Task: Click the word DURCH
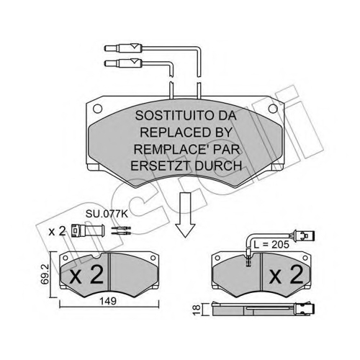pos(218,166)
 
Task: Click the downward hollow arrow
pos(185,215)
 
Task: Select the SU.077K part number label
pos(107,214)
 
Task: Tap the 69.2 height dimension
pos(45,274)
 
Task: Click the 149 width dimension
pos(108,301)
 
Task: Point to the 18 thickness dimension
pos(197,310)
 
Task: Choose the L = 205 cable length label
pos(271,245)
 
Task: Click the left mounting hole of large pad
pos(97,109)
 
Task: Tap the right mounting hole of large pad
pos(273,109)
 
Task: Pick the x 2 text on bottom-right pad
pos(287,274)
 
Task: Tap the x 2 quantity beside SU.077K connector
pos(57,231)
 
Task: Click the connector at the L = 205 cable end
pos(303,236)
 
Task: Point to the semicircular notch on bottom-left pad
pos(97,256)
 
